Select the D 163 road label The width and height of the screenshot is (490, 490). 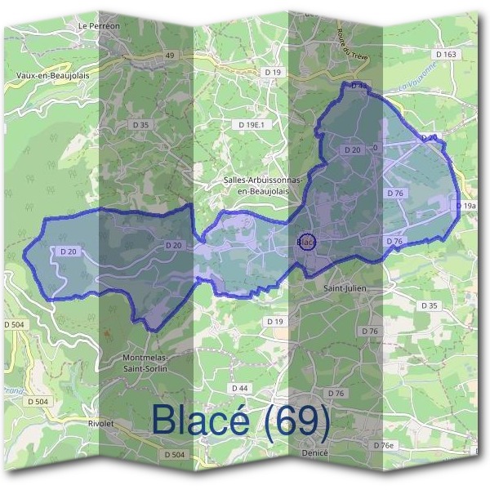(446, 54)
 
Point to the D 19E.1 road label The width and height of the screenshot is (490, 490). (253, 124)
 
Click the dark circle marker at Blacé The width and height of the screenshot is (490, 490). (306, 243)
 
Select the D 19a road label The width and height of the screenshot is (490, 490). (466, 207)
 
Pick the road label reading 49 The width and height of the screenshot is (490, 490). (170, 55)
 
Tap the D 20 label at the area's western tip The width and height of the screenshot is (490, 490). (68, 252)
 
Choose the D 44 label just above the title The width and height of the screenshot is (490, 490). (238, 387)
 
